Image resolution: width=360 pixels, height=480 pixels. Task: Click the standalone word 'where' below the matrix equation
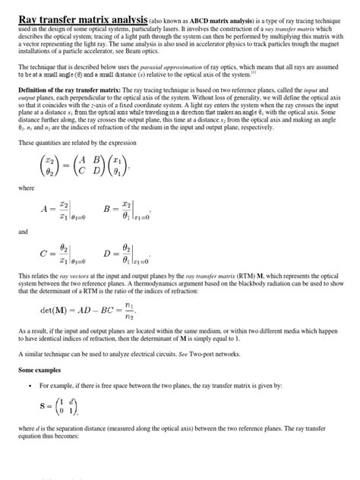point(26,186)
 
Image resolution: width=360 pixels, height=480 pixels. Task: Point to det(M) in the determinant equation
point(56,311)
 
